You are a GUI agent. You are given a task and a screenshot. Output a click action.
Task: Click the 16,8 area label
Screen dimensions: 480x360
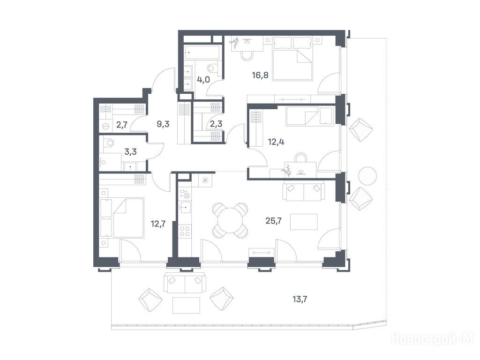coord(260,75)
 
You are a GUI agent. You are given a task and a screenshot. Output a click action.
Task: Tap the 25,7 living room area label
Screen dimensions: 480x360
coord(273,221)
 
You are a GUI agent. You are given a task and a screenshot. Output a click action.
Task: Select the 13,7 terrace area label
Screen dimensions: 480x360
coord(300,299)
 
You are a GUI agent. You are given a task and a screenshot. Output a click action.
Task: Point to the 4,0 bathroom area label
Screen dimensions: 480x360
coord(203,80)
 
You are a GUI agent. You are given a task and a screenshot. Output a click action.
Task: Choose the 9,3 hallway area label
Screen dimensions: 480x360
coord(163,124)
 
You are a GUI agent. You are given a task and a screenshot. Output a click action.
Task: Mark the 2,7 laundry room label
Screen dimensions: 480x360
coord(122,125)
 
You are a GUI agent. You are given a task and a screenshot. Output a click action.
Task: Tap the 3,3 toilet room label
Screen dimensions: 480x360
coord(130,151)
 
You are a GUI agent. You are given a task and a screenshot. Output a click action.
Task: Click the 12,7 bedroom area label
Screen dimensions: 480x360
coord(158,224)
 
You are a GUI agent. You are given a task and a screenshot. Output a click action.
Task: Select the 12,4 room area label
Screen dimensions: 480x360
coord(276,142)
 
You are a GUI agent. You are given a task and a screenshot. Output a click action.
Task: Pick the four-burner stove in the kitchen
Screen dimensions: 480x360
coord(185,231)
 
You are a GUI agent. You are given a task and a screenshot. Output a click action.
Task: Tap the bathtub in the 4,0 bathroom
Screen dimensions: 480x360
coord(202,52)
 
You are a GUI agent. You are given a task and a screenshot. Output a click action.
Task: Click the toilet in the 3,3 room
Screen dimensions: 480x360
coord(108,142)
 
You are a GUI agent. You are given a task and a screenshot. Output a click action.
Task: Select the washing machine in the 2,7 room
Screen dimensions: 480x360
coord(106,126)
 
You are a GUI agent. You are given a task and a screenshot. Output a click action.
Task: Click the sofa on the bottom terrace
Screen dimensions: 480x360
coord(185,282)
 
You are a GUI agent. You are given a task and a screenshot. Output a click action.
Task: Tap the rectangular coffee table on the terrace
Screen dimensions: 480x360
coord(186,305)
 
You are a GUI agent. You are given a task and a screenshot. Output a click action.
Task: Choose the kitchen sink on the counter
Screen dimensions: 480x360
coord(185,208)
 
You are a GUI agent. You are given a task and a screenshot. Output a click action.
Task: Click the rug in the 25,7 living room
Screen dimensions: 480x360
coord(304,222)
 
